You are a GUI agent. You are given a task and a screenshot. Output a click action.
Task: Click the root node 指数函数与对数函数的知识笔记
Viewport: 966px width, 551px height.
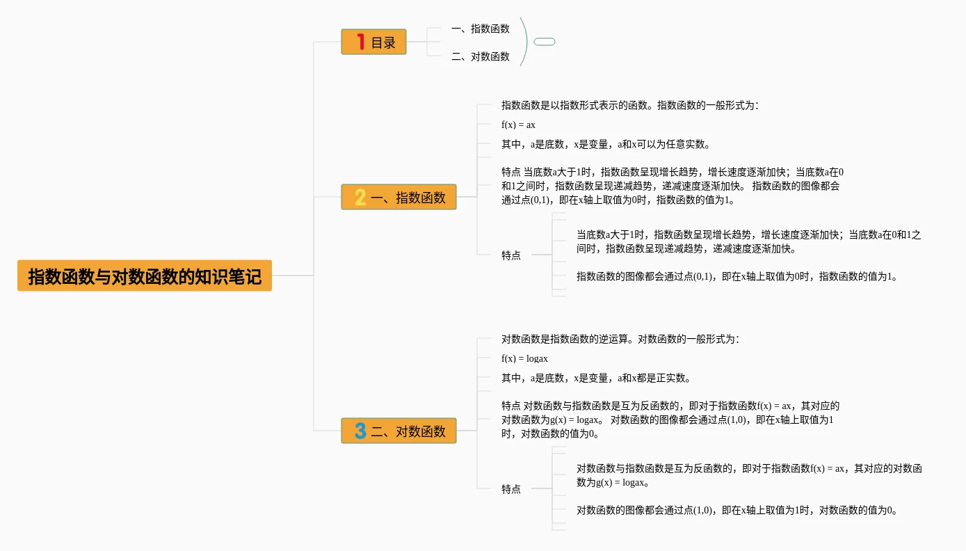[x=145, y=276]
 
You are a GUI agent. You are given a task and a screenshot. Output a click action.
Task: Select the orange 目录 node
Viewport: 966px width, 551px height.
[x=374, y=42]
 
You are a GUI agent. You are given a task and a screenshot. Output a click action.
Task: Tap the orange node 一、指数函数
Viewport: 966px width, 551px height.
[x=399, y=197]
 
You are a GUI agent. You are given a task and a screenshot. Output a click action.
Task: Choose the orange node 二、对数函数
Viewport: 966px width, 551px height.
[x=399, y=431]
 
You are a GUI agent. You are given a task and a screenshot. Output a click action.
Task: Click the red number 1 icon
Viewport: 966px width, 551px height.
[x=360, y=42]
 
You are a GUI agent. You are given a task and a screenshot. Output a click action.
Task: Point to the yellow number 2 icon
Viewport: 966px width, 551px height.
[x=360, y=197]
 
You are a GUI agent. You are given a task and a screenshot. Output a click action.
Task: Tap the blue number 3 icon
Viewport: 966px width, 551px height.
[x=360, y=431]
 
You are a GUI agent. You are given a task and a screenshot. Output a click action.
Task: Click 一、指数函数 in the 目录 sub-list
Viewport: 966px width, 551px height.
[x=480, y=29]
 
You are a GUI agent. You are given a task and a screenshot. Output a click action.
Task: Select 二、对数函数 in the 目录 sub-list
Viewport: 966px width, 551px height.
[x=480, y=56]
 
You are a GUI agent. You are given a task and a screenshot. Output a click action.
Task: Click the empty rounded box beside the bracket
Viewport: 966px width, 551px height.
[x=545, y=42]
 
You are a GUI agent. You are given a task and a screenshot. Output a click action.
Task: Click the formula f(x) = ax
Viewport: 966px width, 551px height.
[x=518, y=125]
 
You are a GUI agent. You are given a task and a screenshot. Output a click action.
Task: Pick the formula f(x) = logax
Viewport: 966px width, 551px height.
[x=524, y=359]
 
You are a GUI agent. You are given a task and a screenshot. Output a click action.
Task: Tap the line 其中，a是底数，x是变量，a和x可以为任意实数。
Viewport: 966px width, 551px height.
[x=605, y=145]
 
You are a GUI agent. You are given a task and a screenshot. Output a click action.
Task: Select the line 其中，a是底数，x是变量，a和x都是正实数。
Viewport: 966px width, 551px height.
[x=596, y=378]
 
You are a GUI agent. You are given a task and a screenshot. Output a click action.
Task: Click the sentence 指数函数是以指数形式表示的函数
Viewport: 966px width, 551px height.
[x=577, y=105]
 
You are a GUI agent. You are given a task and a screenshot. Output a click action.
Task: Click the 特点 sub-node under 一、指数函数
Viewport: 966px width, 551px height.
[x=511, y=255]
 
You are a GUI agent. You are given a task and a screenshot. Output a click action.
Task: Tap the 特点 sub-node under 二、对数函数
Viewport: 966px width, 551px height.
[x=511, y=489]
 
